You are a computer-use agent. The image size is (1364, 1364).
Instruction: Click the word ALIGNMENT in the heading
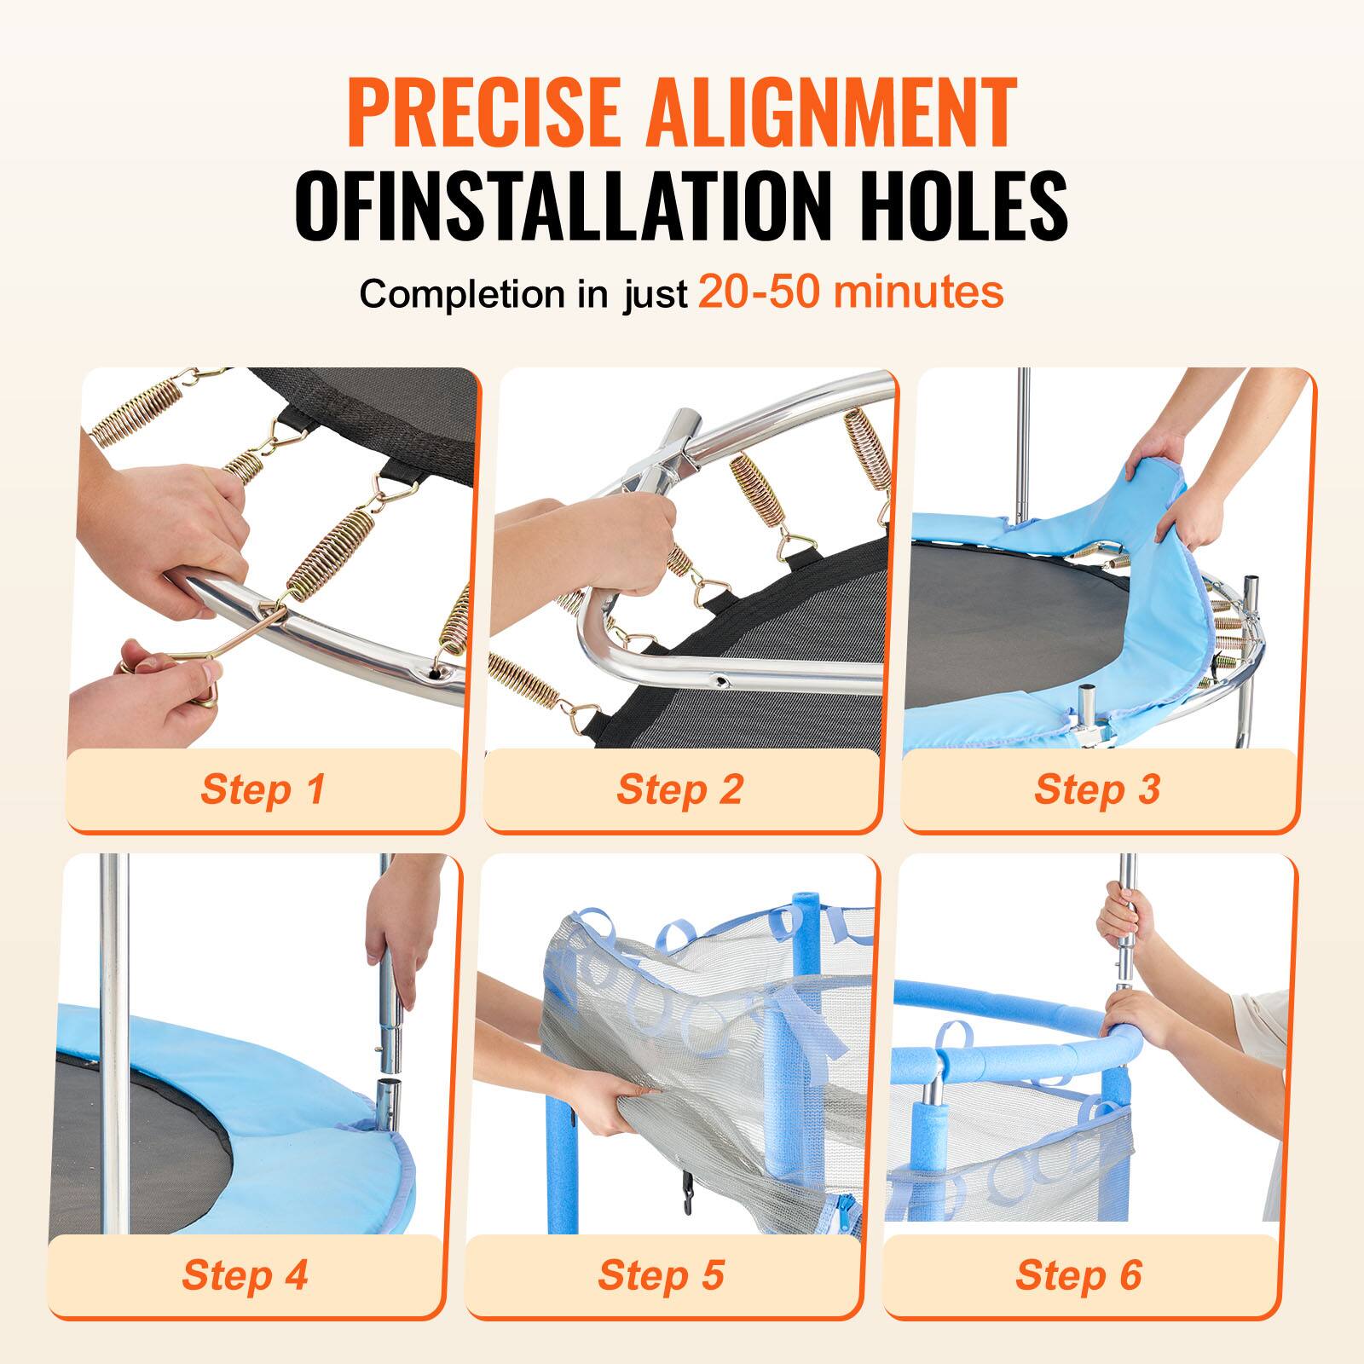click(831, 113)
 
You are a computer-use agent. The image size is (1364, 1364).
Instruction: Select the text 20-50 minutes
click(850, 292)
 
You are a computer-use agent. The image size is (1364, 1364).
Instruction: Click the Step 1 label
click(263, 789)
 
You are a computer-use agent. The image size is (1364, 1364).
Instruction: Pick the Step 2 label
click(679, 789)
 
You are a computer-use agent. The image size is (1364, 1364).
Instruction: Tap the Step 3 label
click(1097, 789)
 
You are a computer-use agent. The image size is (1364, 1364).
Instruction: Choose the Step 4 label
click(244, 1274)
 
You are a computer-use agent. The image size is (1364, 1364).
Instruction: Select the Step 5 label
click(661, 1274)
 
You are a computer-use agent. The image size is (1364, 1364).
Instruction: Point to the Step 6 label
click(1078, 1274)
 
